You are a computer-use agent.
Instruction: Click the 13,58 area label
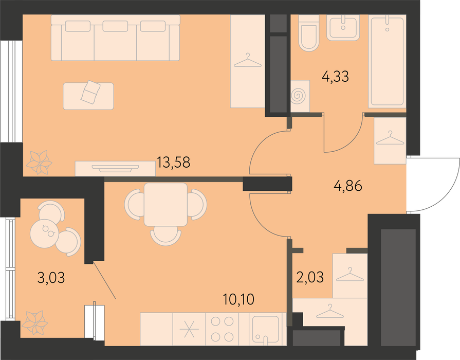tap(173, 162)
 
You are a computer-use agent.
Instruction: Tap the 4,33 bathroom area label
tap(335, 77)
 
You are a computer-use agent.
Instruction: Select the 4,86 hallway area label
tap(348, 186)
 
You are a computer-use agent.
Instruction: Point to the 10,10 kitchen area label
tap(238, 299)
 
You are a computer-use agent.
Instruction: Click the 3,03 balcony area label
tap(51, 278)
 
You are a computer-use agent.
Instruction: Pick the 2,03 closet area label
tap(310, 277)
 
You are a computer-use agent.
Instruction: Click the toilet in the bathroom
tap(308, 33)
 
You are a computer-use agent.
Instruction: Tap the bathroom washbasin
tap(343, 27)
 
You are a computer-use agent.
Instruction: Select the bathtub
tap(387, 61)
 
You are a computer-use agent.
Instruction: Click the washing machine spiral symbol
tap(299, 96)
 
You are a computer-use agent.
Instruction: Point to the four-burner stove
tap(223, 329)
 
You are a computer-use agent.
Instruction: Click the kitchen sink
tap(266, 329)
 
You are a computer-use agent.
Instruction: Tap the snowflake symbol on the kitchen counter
tap(189, 329)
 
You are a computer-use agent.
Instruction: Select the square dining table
tap(165, 204)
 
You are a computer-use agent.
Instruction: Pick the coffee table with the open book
tap(88, 96)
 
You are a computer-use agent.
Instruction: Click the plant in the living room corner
tap(39, 162)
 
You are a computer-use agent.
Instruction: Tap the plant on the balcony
tap(35, 322)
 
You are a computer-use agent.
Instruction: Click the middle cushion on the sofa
tap(115, 26)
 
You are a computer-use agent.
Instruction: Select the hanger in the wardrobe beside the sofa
tap(248, 61)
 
